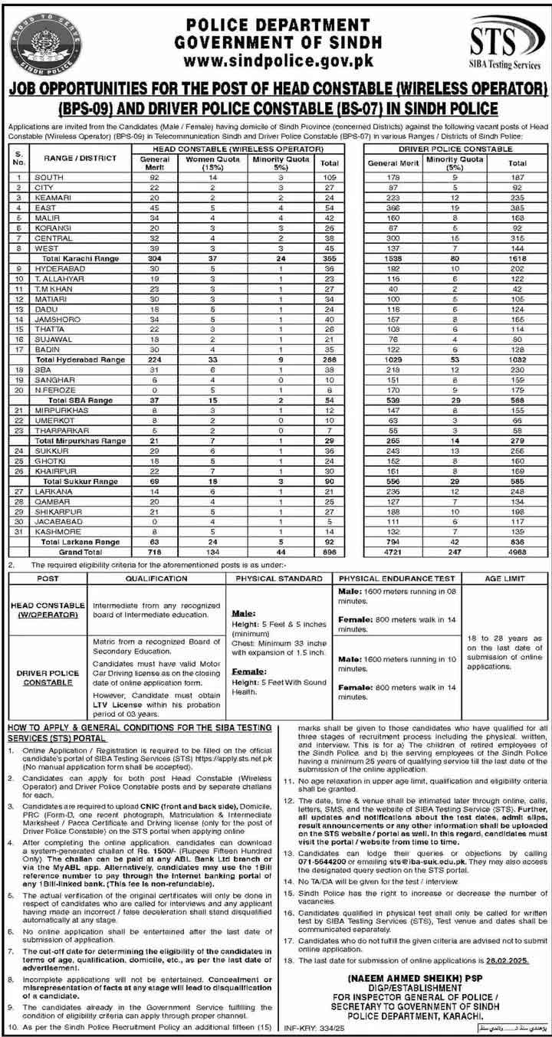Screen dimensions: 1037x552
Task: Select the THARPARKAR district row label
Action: coord(61,432)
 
